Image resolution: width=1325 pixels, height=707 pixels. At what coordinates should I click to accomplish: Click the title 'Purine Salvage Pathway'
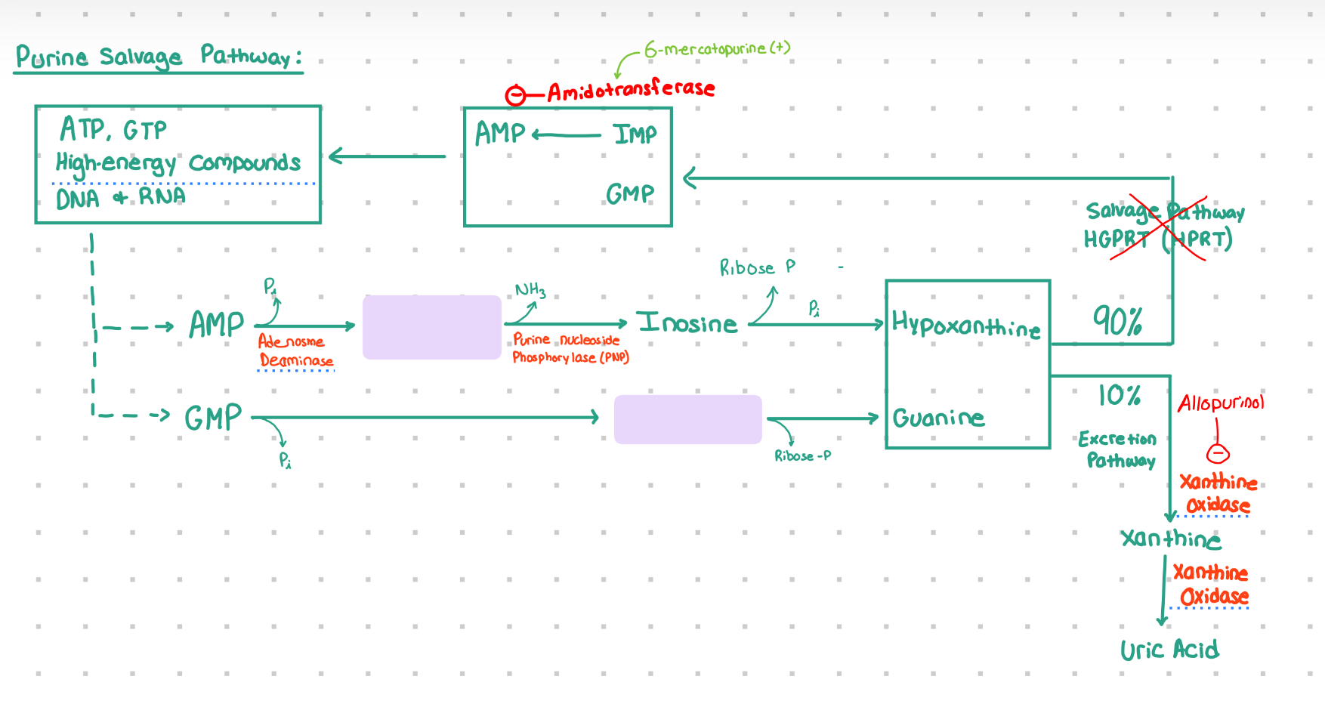(159, 57)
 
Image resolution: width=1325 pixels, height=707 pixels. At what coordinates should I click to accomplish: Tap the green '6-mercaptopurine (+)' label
(717, 49)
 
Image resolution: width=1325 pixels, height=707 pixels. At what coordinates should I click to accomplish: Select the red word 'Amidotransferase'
(631, 90)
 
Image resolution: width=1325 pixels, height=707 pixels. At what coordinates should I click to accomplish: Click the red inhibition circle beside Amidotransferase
(515, 95)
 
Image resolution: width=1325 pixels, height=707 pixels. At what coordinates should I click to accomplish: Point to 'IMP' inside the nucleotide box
(635, 134)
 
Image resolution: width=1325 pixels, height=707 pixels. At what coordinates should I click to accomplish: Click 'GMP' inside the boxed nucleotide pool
(630, 194)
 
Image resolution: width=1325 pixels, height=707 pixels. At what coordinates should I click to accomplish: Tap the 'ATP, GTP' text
(113, 129)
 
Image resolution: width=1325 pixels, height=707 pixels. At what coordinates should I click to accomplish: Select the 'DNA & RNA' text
(121, 198)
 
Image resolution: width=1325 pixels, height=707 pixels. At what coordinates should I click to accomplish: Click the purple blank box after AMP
(431, 327)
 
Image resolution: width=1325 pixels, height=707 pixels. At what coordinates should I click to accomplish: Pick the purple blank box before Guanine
(687, 419)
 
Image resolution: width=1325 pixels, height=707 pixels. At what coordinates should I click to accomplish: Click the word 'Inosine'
(687, 323)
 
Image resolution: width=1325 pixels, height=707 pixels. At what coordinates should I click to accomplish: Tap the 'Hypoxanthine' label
(966, 326)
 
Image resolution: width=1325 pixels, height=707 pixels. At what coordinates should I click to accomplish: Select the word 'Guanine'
(938, 418)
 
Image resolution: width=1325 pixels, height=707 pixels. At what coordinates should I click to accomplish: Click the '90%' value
(1117, 321)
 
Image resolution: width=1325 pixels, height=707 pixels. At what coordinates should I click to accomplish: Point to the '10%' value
(1119, 395)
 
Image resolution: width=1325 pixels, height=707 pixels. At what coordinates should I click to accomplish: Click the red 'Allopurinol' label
(1221, 403)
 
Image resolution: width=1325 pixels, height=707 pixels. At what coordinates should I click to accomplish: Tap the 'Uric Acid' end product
(1169, 650)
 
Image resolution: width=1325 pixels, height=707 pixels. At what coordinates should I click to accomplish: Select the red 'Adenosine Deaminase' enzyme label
(295, 351)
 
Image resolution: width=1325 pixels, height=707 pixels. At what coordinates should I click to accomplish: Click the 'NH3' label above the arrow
(530, 290)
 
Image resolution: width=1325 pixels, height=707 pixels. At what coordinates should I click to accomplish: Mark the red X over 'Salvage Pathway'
(1158, 227)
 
